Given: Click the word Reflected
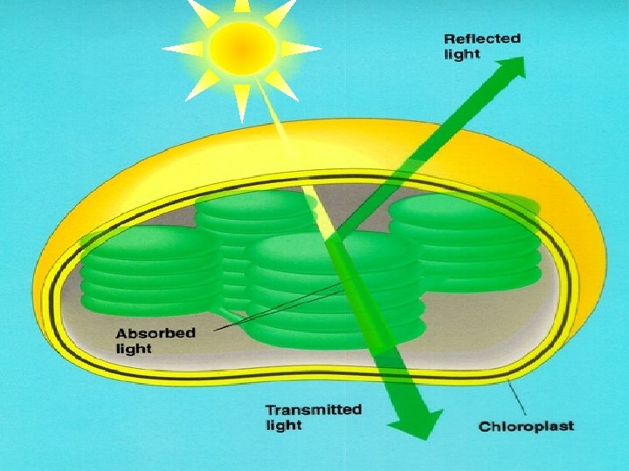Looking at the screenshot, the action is pyautogui.click(x=481, y=38).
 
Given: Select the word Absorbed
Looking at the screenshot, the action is pyautogui.click(x=156, y=333).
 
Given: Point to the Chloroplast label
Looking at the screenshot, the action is pyautogui.click(x=526, y=427).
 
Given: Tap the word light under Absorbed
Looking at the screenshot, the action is pyautogui.click(x=134, y=349).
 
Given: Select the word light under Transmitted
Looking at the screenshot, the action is pyautogui.click(x=283, y=426).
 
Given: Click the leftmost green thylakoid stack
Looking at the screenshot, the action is pyautogui.click(x=144, y=270).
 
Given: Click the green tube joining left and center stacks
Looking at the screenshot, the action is pyautogui.click(x=229, y=309).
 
